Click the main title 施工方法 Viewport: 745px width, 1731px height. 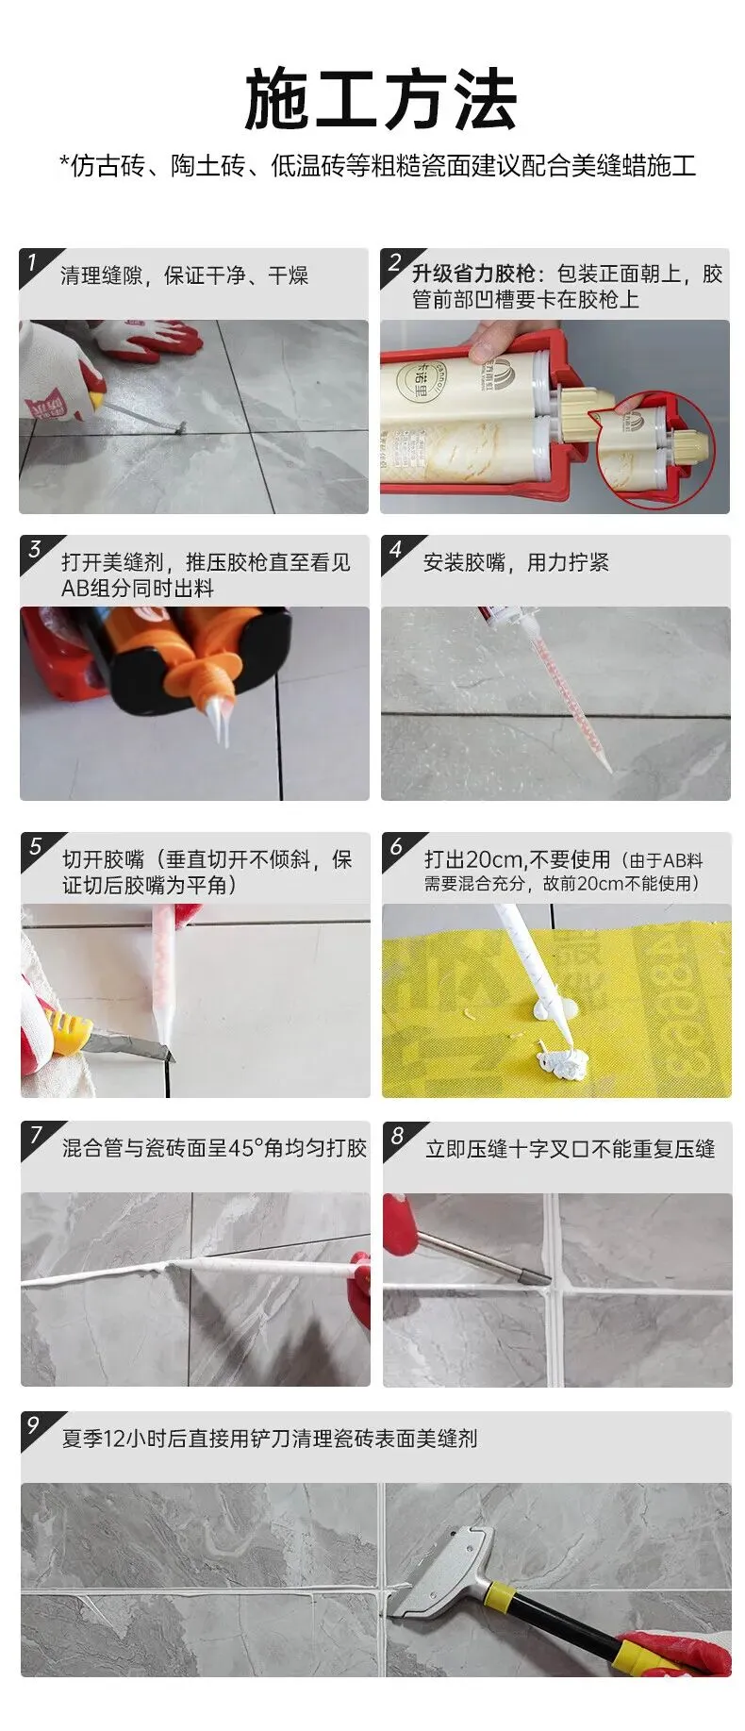pos(381,99)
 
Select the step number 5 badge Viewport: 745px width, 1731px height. pos(36,846)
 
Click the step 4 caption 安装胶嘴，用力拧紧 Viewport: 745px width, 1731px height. pos(516,563)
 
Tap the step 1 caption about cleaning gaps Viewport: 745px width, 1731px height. pos(185,275)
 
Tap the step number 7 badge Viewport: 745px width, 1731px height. pos(37,1135)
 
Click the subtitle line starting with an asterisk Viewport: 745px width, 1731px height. pos(378,167)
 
